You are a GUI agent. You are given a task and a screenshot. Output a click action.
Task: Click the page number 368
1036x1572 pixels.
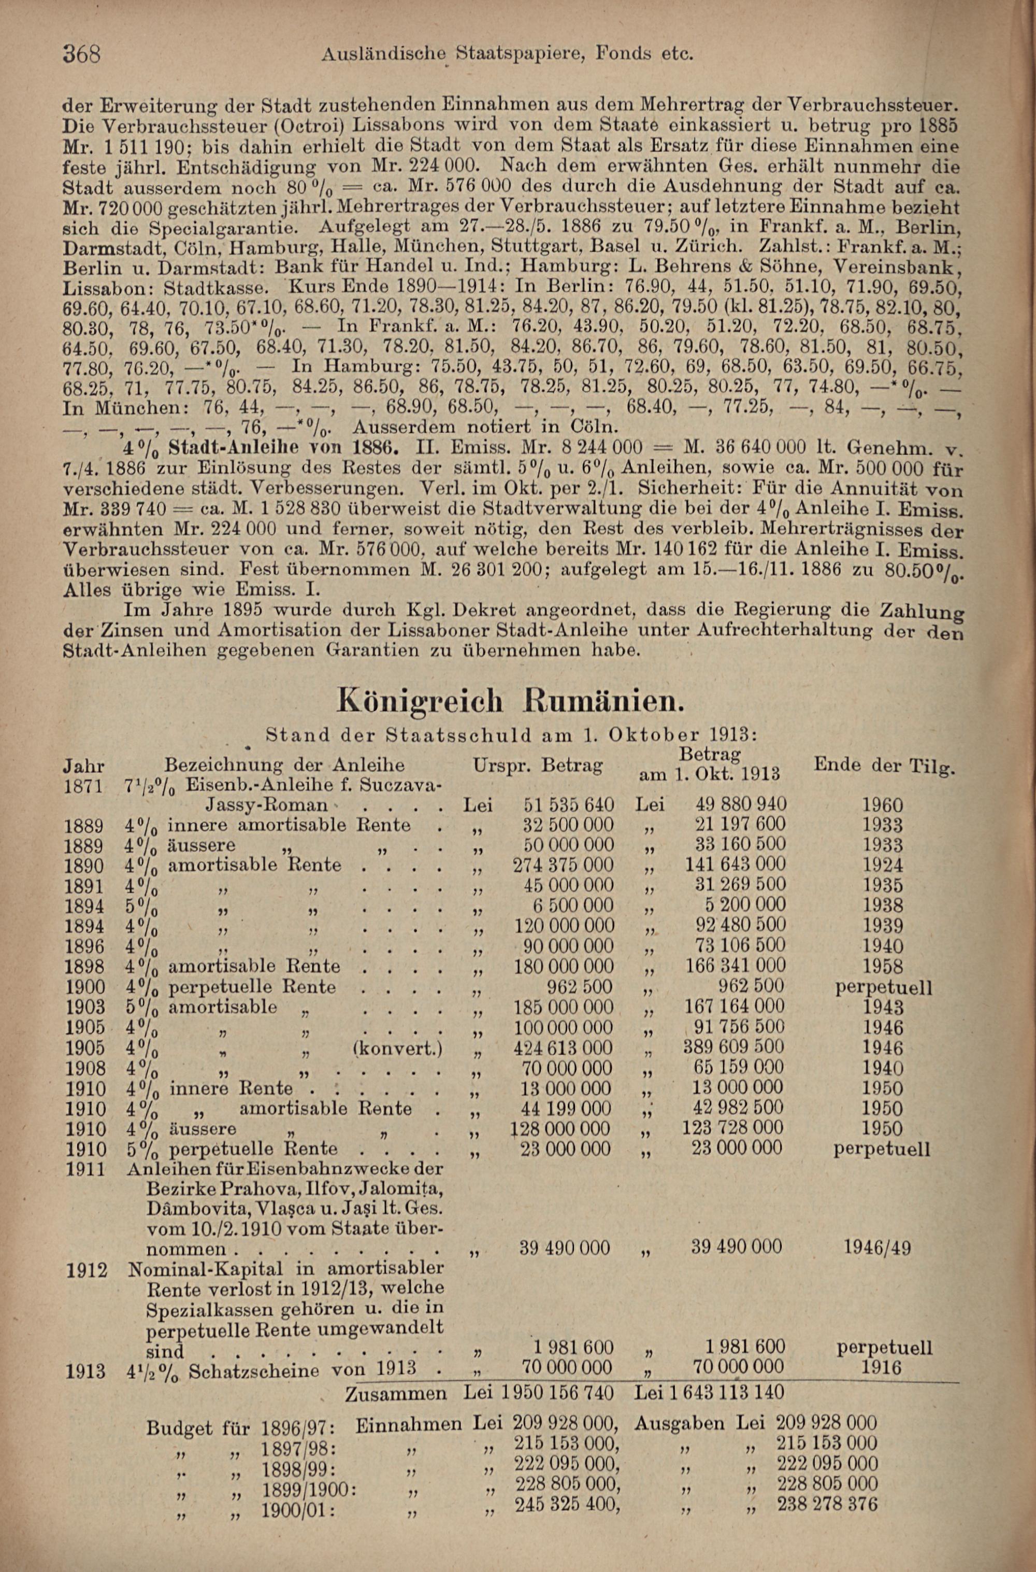coord(81,53)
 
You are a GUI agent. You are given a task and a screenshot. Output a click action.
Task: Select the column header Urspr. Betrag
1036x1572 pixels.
coord(538,766)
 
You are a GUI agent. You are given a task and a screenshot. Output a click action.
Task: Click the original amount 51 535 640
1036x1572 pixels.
coord(568,805)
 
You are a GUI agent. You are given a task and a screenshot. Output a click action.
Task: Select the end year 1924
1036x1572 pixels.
coord(883,866)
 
